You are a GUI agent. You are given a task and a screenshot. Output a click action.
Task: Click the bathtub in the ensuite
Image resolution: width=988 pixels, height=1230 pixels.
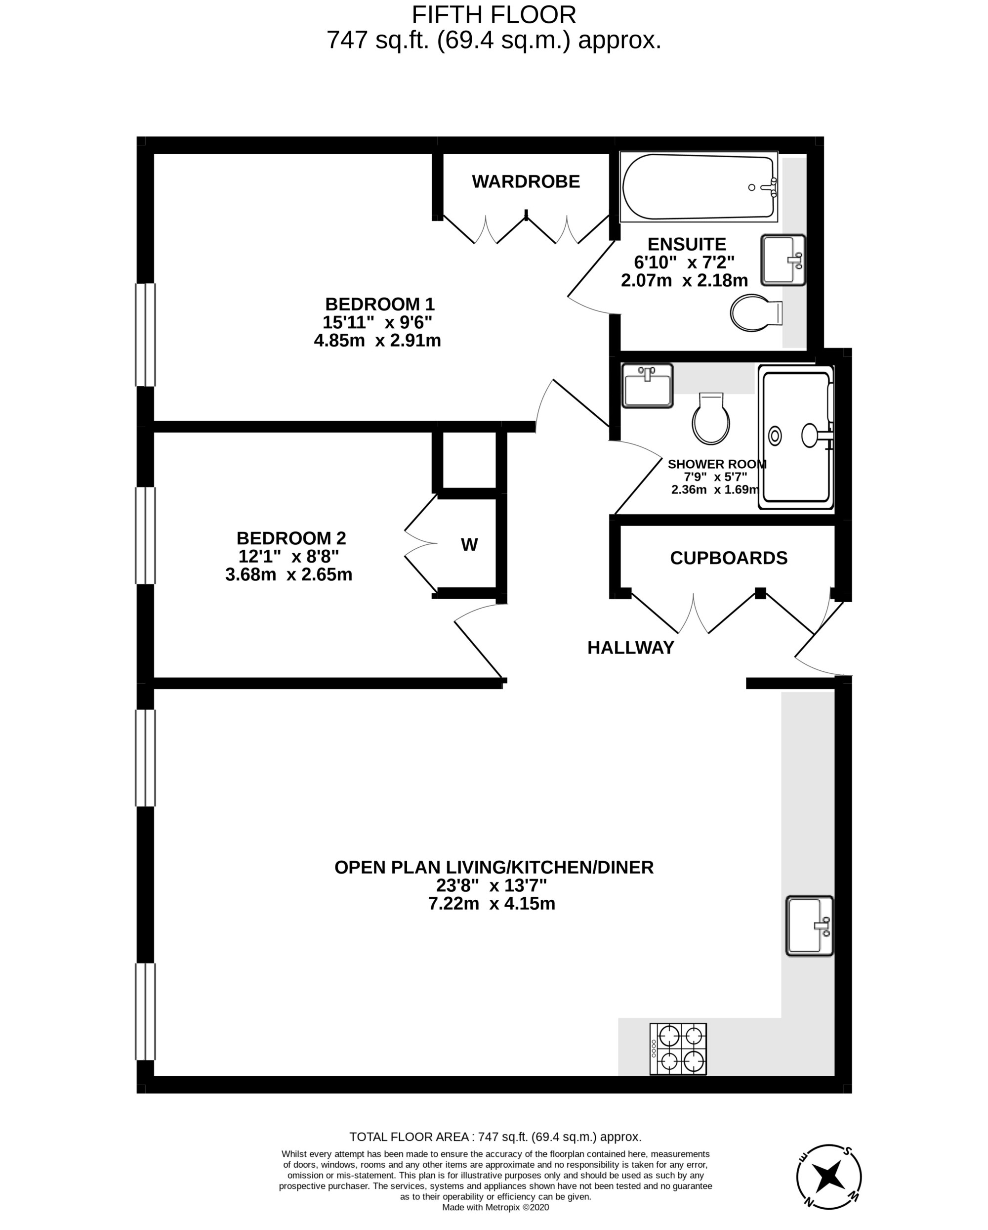(699, 186)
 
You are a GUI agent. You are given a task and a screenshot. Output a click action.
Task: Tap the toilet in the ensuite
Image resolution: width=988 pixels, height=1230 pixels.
(756, 312)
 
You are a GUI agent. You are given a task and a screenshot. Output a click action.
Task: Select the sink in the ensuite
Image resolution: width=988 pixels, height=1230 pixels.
(783, 260)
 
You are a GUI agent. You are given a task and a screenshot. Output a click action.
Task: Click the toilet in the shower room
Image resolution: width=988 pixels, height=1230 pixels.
(711, 418)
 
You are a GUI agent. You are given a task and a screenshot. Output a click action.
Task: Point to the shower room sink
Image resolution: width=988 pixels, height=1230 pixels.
(647, 386)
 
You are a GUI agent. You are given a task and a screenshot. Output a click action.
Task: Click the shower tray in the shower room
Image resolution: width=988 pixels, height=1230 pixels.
(796, 437)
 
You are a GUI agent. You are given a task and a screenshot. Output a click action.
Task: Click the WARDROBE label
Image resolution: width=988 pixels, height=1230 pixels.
(526, 181)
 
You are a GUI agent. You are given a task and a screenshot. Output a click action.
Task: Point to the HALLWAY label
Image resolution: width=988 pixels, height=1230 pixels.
(630, 648)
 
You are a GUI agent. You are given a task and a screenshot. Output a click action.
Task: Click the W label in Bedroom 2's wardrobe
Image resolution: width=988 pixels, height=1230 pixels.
(469, 545)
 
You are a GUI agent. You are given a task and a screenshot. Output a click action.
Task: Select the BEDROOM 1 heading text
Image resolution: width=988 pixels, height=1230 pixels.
(380, 304)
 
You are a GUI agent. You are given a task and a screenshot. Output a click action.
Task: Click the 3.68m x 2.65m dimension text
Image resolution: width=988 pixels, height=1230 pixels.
(288, 574)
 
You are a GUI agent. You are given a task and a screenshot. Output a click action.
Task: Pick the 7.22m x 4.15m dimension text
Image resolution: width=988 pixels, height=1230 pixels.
(492, 903)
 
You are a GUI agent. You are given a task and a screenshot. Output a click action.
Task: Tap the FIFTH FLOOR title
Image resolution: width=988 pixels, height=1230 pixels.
(494, 14)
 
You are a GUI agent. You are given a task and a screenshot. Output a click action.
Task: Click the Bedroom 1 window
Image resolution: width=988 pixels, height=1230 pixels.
(145, 335)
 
